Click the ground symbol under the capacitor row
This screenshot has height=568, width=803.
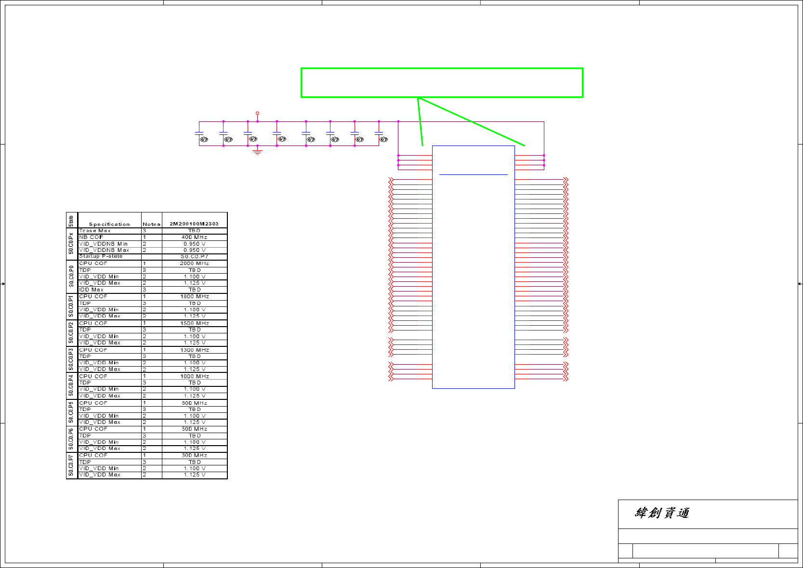coord(258,152)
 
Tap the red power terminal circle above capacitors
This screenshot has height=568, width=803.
coord(257,113)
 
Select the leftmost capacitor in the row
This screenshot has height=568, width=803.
coord(199,133)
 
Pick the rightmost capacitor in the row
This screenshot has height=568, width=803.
coord(379,133)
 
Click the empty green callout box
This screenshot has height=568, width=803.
coord(442,83)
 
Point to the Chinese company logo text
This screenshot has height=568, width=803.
coord(662,513)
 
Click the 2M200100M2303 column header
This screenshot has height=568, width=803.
coord(194,224)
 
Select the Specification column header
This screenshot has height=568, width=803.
coord(109,224)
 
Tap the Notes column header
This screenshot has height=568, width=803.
coord(151,224)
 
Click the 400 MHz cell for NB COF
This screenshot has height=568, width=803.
coord(194,237)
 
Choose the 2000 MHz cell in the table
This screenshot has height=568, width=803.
coord(194,264)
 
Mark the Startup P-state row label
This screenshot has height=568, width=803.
coord(101,256)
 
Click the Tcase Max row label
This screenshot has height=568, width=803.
coord(95,231)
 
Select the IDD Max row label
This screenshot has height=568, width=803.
coord(91,290)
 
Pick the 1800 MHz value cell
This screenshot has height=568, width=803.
coord(194,297)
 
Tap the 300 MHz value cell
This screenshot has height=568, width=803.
coord(194,455)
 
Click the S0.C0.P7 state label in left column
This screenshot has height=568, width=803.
coord(71,465)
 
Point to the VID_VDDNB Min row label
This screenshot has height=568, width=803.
coord(103,244)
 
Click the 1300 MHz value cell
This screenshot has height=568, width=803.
coord(194,350)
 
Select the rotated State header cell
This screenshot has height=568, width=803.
coord(71,221)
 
